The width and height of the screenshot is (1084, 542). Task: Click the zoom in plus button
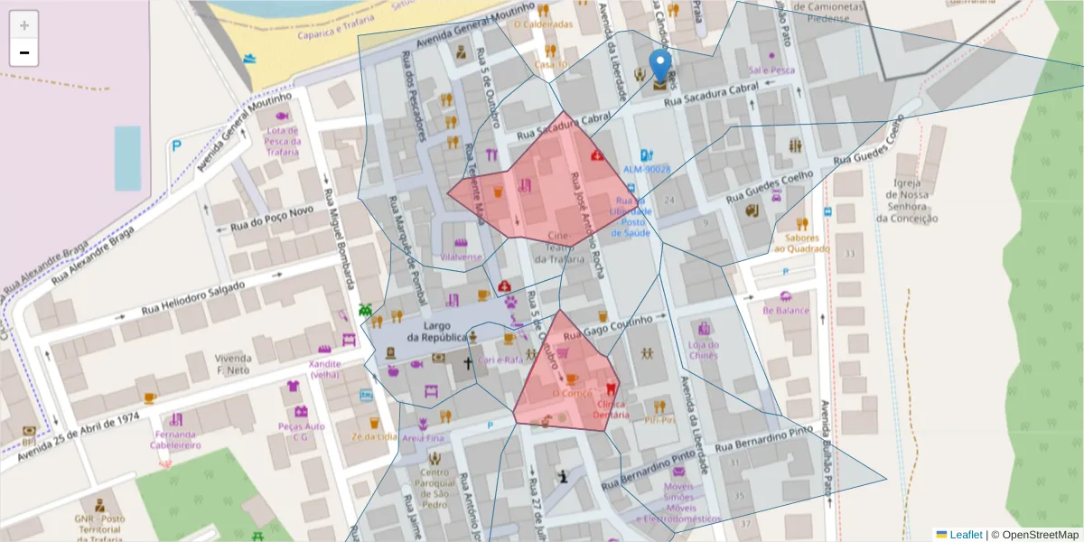(x=24, y=25)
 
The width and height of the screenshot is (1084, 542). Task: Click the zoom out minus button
(x=24, y=53)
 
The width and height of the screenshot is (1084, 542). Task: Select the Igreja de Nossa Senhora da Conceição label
(x=905, y=200)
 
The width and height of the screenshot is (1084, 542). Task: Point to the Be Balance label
(x=786, y=310)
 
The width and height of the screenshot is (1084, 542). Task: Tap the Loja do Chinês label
(x=703, y=350)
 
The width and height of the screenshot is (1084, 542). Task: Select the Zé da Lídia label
(x=374, y=436)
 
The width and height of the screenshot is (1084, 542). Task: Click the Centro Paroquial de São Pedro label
(x=435, y=488)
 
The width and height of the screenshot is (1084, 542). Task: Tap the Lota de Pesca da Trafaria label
(x=282, y=141)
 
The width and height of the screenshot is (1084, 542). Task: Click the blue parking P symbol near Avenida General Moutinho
(x=177, y=145)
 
